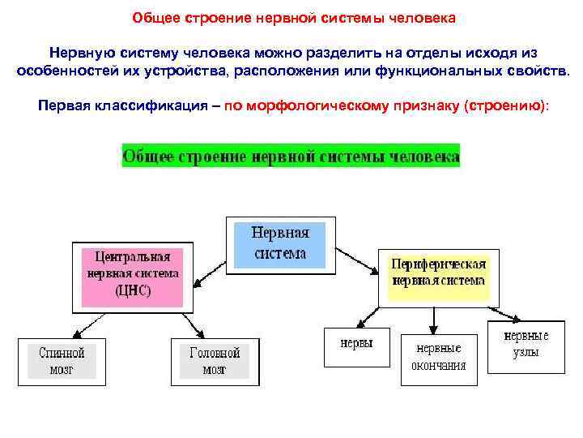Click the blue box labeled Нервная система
tap(279, 243)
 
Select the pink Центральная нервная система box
tap(132, 275)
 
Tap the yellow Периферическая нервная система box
tap(438, 273)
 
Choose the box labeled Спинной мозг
tap(62, 361)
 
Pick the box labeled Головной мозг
tap(215, 361)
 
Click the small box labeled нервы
tap(356, 344)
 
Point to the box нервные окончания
tap(438, 357)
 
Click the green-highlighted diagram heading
tap(291, 155)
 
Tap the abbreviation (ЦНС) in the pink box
tap(133, 290)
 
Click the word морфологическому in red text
tap(334, 106)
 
